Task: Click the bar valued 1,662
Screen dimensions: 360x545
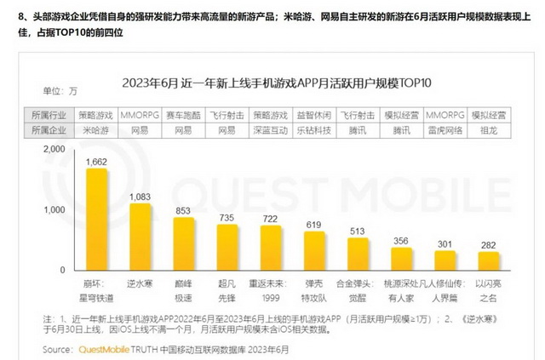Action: point(97,219)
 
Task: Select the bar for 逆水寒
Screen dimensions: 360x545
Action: point(141,237)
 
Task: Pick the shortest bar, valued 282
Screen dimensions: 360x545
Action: point(488,260)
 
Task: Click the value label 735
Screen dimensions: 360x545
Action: point(227,218)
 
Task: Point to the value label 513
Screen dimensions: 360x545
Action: point(358,231)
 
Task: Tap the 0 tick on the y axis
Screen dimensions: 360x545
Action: point(62,270)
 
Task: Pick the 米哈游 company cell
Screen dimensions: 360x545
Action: point(96,130)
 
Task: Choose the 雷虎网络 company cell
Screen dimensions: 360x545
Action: point(444,130)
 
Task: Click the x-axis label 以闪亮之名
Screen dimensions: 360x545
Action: point(488,289)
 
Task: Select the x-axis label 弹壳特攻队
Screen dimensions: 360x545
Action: point(314,289)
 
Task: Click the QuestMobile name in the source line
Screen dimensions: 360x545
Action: point(106,349)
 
